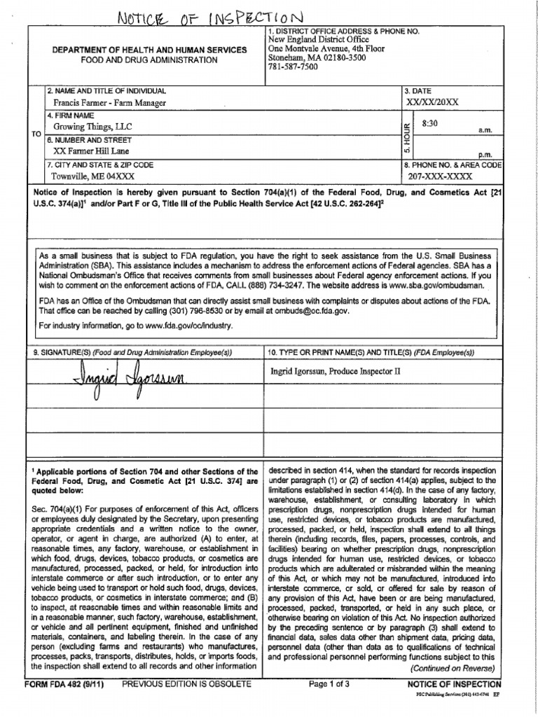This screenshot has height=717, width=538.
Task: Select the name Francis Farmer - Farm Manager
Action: [110, 103]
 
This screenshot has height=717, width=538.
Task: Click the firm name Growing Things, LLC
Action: [92, 127]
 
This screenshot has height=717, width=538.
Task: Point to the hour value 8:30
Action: [430, 123]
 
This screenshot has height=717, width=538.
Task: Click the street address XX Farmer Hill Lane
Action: [91, 151]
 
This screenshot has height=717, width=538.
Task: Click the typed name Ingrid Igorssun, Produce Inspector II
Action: [336, 371]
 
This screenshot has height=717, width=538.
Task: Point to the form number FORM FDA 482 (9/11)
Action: [64, 684]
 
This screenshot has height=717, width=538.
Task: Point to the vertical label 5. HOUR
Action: [407, 137]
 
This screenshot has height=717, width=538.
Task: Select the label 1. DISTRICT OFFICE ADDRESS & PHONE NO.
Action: [343, 32]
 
